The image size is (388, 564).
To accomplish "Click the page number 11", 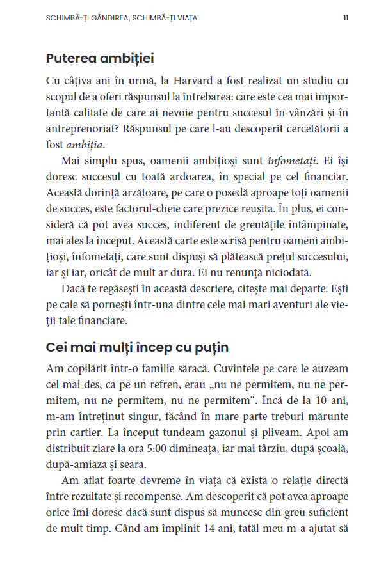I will pyautogui.click(x=346, y=18).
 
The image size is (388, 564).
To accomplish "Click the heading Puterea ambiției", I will pyautogui.click(x=100, y=58).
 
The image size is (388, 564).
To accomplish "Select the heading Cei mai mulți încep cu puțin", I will pyautogui.click(x=137, y=348).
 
